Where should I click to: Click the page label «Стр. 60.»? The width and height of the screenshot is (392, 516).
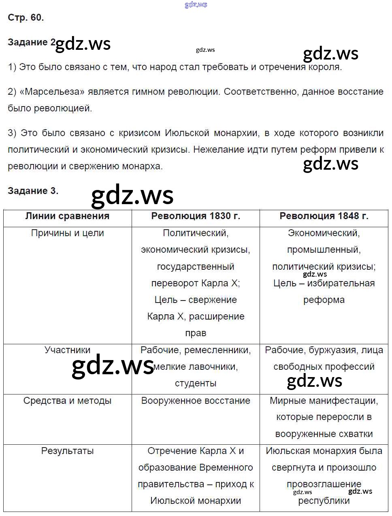click(x=26, y=17)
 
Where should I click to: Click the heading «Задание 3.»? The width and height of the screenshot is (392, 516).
click(x=33, y=191)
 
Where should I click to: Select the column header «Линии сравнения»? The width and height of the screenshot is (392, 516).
click(x=67, y=216)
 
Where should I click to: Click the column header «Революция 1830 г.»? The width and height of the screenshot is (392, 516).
click(x=196, y=216)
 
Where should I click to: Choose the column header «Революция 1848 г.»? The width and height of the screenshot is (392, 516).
click(x=324, y=216)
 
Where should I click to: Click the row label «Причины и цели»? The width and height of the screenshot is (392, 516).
click(x=67, y=233)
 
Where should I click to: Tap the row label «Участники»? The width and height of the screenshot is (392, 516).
click(x=67, y=350)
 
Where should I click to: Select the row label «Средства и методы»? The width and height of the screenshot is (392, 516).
click(x=67, y=401)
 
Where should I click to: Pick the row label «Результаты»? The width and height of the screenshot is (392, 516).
click(x=67, y=451)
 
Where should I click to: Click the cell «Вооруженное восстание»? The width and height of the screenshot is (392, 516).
click(x=196, y=401)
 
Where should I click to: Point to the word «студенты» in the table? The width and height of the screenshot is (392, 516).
click(x=196, y=383)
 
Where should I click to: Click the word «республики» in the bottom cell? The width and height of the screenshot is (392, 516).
click(x=324, y=501)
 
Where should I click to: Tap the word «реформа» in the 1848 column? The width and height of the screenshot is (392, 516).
click(x=324, y=300)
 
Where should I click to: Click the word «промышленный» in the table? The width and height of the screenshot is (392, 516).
click(x=324, y=249)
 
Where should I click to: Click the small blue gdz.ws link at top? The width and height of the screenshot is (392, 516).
click(x=196, y=4)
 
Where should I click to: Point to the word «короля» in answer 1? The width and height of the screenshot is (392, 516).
click(x=325, y=67)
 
